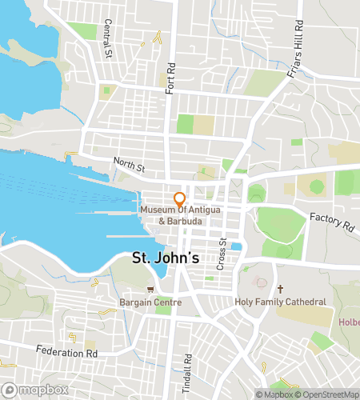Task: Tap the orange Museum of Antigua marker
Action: click(180, 198)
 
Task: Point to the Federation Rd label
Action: click(66, 350)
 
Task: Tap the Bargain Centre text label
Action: click(150, 302)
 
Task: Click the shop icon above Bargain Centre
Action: click(150, 290)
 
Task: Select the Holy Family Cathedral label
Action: click(280, 302)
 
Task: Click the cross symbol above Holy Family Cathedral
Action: click(280, 289)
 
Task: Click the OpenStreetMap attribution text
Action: click(330, 394)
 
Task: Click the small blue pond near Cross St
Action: click(237, 246)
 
